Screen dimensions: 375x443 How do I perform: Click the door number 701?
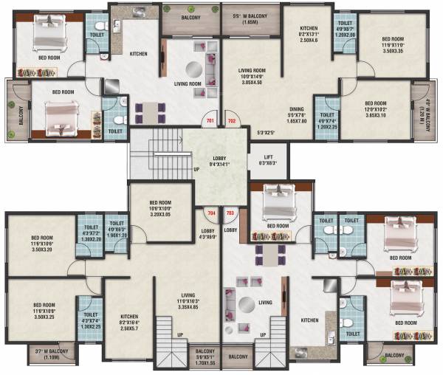(211, 120)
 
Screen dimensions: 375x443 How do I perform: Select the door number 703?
(230, 212)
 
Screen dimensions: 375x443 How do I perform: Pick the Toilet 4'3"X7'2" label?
(91, 233)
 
